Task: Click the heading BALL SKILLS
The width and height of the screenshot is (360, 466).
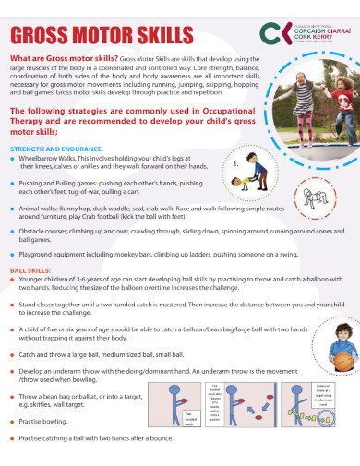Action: [30, 269]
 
